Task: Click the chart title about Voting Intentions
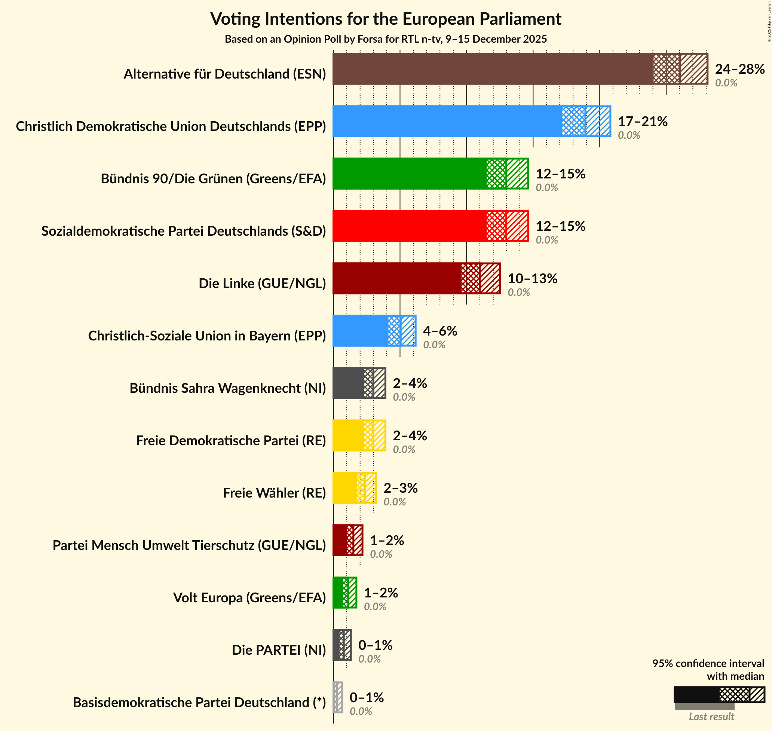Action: (x=386, y=19)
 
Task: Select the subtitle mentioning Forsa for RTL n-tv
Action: (x=386, y=39)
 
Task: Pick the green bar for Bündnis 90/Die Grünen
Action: (x=409, y=174)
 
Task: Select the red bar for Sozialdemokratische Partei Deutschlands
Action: (x=409, y=226)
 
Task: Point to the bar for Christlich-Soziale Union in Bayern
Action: (x=360, y=331)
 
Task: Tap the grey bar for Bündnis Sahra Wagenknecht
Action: (x=348, y=383)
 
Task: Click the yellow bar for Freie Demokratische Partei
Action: (x=348, y=435)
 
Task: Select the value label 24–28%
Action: (x=739, y=69)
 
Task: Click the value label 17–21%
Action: (x=642, y=122)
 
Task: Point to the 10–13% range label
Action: (x=532, y=279)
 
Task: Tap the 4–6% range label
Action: (x=440, y=331)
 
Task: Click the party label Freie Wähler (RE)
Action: (x=274, y=493)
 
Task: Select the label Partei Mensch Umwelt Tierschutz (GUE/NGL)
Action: (x=189, y=545)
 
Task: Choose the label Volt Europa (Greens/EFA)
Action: (x=249, y=597)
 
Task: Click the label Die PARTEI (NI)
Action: (x=279, y=650)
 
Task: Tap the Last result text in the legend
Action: (x=711, y=716)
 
